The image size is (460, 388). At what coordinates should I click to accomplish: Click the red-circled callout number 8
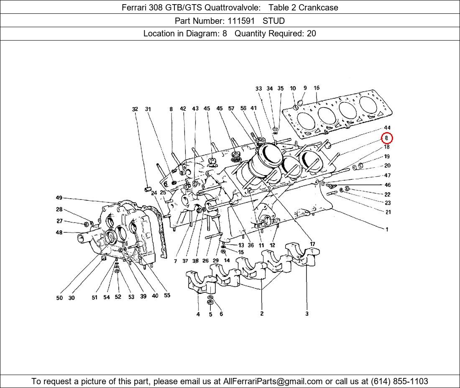point(387,138)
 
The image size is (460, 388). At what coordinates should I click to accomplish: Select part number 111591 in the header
point(240,20)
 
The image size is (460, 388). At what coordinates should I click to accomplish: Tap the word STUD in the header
point(273,20)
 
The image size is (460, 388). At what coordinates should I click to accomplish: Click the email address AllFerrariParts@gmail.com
point(273,381)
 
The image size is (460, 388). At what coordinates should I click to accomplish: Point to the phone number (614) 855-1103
point(398,381)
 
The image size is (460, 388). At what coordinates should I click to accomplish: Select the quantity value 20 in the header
point(311,33)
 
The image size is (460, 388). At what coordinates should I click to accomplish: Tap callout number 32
point(135,109)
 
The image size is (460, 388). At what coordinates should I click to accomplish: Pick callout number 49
point(59,198)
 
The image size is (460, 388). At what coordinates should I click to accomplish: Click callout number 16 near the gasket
point(317,88)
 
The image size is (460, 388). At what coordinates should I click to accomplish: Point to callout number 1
point(387,229)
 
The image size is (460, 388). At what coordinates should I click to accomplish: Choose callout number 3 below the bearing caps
point(307,314)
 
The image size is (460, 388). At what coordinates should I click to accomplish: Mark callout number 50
point(59,298)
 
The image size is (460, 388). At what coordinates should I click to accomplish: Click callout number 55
point(167,295)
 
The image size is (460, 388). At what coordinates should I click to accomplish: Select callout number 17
point(312,244)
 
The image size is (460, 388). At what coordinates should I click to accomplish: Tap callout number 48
point(59,232)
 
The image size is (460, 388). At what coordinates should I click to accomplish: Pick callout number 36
point(250,245)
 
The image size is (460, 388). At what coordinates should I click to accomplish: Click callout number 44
point(387,128)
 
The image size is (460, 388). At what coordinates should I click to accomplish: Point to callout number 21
point(388,212)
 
